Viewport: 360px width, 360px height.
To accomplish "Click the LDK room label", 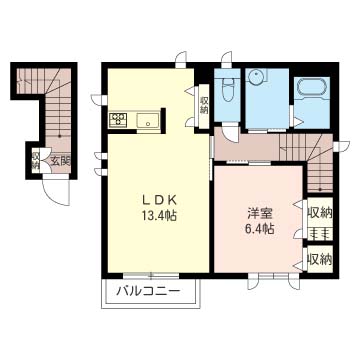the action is point(159,200).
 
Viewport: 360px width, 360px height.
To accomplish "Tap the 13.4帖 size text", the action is point(159,216).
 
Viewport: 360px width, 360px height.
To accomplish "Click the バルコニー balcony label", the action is point(148,292).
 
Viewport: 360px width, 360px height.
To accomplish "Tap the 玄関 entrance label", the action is point(61,162).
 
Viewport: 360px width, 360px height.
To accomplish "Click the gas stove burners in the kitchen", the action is point(118,119).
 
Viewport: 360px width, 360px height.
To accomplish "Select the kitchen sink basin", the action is point(148,120).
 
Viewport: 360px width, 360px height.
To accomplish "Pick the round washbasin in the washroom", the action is point(255,76).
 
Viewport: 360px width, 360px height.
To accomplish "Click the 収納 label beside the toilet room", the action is point(204,105).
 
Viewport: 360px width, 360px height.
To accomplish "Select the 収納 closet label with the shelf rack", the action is point(319,212).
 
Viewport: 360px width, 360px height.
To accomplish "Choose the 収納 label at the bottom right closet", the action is point(319,259).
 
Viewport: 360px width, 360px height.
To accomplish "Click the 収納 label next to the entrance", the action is point(36,160).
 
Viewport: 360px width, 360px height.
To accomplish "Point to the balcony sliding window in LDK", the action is point(151,276).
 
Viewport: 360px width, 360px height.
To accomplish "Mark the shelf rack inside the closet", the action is point(319,233).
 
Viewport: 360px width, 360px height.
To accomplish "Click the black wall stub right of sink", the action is point(163,120).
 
